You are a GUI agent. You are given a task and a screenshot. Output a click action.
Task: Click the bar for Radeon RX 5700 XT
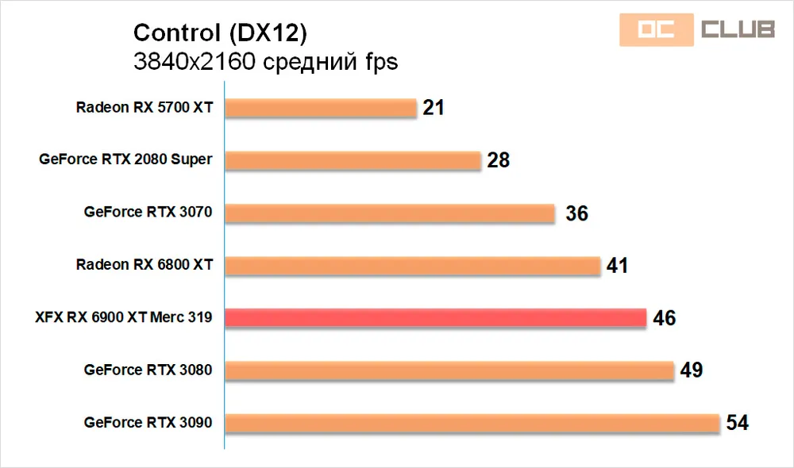click(x=321, y=108)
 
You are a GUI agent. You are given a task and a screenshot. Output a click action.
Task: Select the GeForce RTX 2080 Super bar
click(x=353, y=160)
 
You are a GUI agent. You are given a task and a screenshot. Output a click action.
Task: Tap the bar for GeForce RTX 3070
click(x=390, y=213)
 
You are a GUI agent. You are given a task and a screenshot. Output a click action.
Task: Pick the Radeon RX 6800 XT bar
click(x=413, y=265)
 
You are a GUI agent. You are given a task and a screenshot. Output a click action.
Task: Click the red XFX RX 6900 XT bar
click(x=436, y=317)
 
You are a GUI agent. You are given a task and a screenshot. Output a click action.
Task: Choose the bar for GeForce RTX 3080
click(x=449, y=370)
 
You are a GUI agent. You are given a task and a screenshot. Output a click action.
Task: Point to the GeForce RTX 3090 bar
click(x=472, y=422)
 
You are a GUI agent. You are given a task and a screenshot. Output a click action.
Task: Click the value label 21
click(x=434, y=108)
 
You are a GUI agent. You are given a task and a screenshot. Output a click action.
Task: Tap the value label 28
click(x=499, y=160)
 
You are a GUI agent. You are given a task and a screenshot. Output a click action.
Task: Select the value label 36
click(x=576, y=213)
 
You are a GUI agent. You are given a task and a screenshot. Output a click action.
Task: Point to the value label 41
click(x=617, y=266)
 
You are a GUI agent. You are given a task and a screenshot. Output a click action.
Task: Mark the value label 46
click(x=665, y=318)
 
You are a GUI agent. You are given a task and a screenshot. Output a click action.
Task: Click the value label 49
click(x=692, y=370)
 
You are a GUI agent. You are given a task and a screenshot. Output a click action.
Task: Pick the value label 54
click(x=738, y=423)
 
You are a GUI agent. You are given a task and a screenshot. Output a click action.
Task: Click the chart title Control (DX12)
click(x=220, y=33)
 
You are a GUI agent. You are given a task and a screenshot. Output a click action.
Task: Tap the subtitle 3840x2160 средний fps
click(x=265, y=62)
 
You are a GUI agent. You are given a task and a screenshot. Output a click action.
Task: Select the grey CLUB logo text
click(x=737, y=30)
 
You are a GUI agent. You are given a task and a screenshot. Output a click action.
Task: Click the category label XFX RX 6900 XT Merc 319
click(x=123, y=317)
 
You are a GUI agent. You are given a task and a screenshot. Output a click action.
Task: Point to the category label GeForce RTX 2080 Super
click(x=125, y=159)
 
